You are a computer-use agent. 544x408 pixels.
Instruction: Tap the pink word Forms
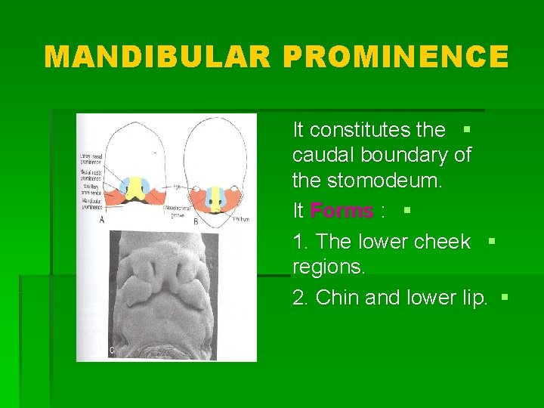341,211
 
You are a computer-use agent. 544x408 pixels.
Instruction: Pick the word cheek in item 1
442,242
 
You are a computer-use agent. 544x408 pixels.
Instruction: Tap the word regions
329,267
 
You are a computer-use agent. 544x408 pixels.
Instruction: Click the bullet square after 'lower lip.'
505,298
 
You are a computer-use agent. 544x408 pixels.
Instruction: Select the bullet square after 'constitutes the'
465,129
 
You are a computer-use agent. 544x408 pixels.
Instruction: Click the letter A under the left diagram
102,219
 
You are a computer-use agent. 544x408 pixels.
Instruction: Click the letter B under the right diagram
195,221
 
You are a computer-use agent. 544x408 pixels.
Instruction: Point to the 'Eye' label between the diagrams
175,185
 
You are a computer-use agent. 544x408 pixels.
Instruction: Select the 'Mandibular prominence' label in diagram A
93,202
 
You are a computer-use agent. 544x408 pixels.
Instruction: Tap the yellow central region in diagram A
138,187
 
